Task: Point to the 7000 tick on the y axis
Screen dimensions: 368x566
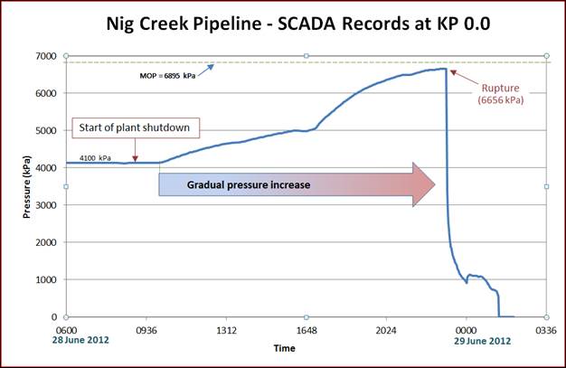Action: (x=44, y=56)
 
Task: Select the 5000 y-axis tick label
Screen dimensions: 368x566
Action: (x=44, y=131)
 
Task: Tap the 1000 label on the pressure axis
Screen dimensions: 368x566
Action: (x=44, y=279)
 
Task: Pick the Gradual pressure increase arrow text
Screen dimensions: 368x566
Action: (x=249, y=184)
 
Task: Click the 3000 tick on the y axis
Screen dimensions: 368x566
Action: (x=44, y=205)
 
